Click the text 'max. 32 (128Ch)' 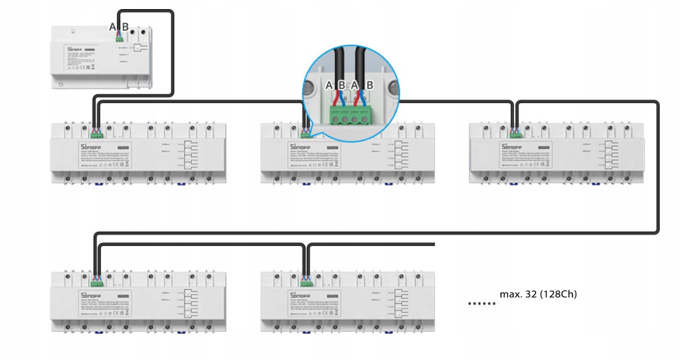click(538, 295)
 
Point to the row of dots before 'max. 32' click(481, 304)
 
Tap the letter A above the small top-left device click(113, 27)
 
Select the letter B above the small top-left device click(125, 27)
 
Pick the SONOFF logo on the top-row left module click(91, 146)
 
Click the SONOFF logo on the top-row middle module click(300, 146)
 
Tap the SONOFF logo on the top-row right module click(509, 146)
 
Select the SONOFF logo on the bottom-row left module click(91, 294)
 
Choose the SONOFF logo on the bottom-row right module click(300, 294)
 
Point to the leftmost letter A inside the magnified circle click(330, 85)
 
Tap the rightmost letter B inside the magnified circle click(369, 85)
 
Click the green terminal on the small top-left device click(119, 38)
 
